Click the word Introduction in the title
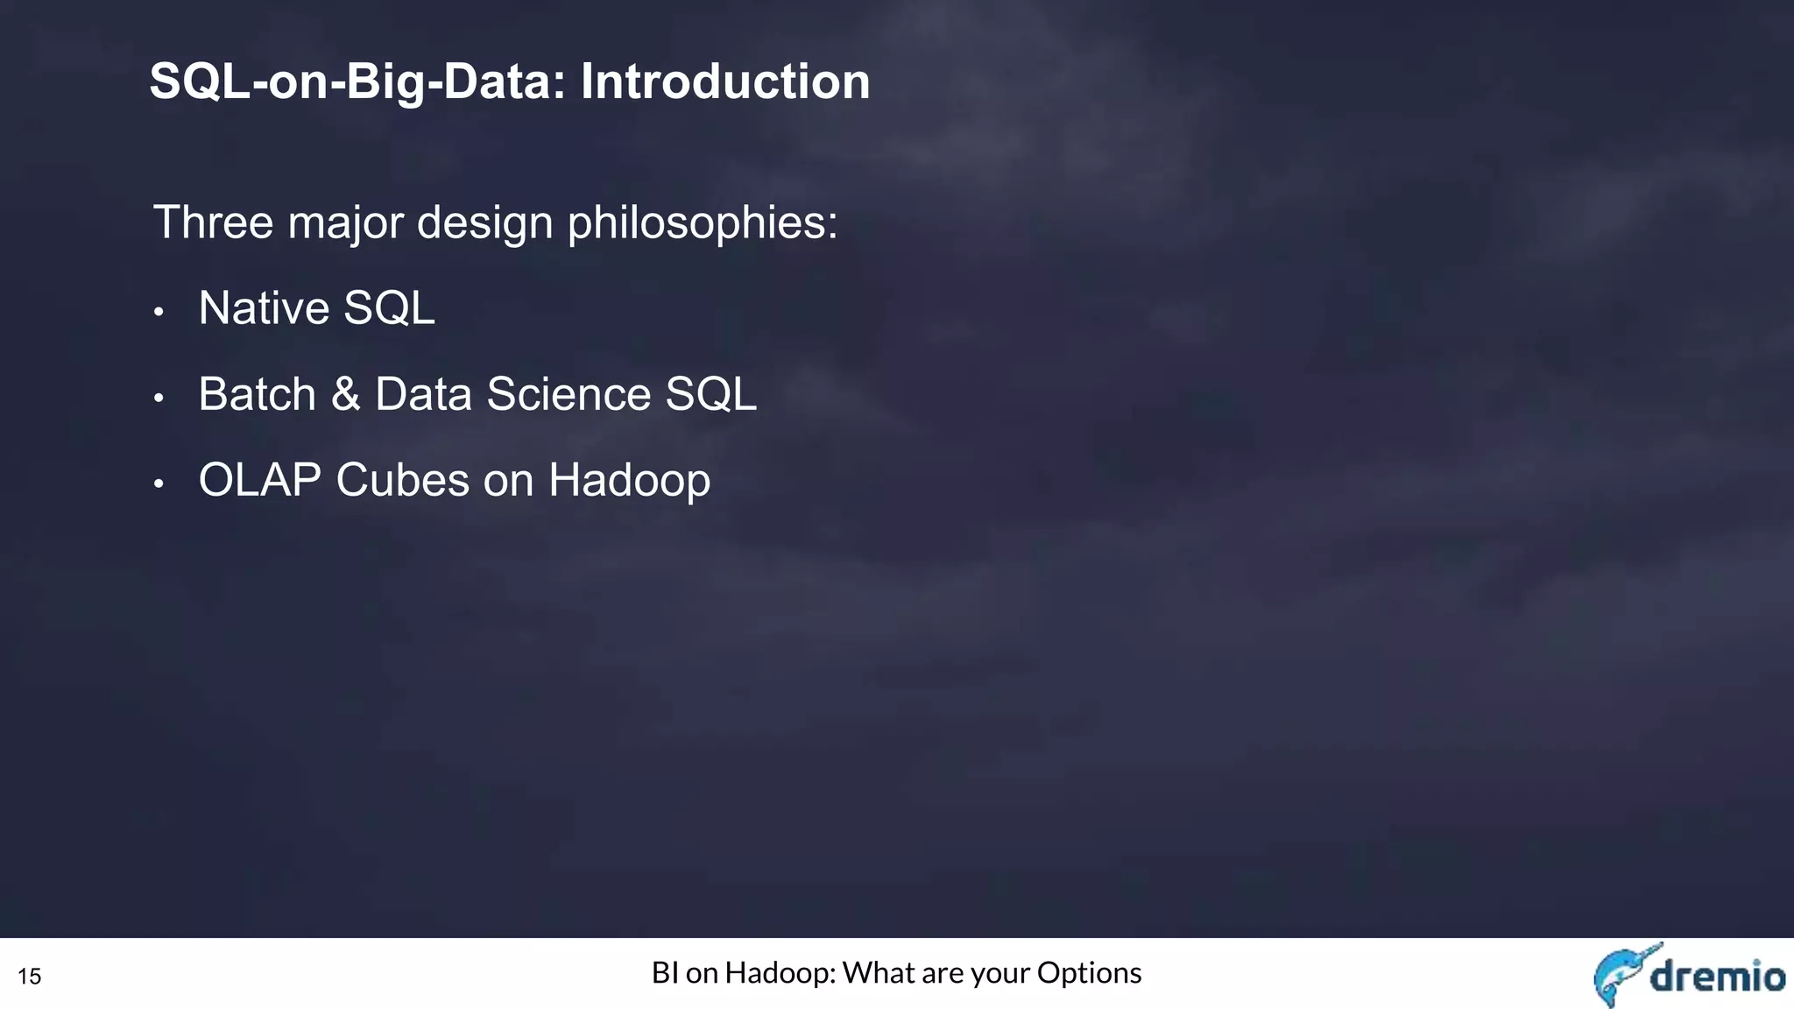click(x=725, y=81)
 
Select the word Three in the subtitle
click(x=213, y=222)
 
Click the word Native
click(x=264, y=308)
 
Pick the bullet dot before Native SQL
click(x=159, y=313)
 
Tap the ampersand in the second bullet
click(x=346, y=394)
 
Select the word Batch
click(x=257, y=394)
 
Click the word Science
click(x=569, y=394)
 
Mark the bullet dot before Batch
click(x=159, y=399)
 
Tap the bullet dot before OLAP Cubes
click(x=159, y=484)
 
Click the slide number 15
click(x=29, y=977)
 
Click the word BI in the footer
click(x=665, y=973)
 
